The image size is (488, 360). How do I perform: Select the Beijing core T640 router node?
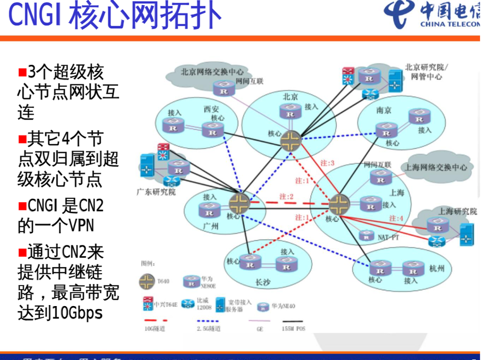pos(291,139)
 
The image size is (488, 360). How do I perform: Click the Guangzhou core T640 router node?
pos(239,202)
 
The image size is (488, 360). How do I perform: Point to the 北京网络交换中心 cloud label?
pos(212,72)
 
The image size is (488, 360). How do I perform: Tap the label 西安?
pos(211,109)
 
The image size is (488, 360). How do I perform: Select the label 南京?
pos(384,110)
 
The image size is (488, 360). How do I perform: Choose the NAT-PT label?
pos(388,238)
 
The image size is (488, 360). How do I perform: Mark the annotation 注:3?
pos(327,163)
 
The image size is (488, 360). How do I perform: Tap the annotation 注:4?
pos(396,218)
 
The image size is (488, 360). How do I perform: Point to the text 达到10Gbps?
pos(60,313)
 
